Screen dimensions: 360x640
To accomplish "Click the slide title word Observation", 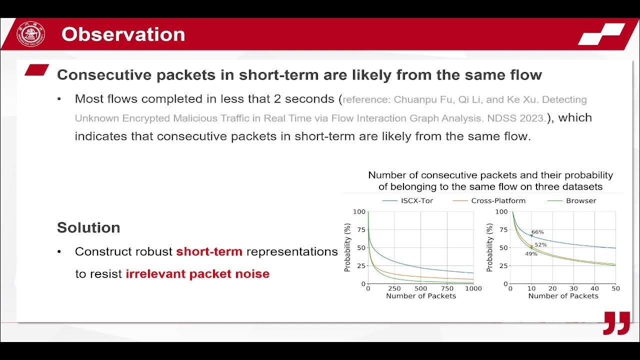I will [x=123, y=34].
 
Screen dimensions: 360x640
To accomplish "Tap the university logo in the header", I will [x=31, y=34].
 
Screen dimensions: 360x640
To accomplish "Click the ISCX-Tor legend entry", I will [x=408, y=200].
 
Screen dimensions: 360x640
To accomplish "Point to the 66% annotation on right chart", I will [x=537, y=232].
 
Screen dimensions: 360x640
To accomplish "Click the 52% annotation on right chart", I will [x=540, y=244].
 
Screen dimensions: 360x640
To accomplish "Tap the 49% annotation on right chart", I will [x=531, y=254].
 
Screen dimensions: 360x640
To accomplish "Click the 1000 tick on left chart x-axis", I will [x=473, y=288].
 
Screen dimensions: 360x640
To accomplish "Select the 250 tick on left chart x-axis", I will [x=394, y=288].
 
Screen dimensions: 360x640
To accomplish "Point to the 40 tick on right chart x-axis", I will [x=594, y=288].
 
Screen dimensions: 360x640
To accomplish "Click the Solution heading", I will [x=88, y=227].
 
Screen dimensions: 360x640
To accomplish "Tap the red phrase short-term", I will [x=209, y=251].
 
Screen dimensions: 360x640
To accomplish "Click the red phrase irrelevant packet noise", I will [x=197, y=274].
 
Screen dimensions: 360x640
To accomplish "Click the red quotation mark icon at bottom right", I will [x=616, y=323].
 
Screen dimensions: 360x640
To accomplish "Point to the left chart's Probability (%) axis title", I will [x=347, y=247].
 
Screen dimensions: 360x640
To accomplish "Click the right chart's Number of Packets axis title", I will [x=563, y=296].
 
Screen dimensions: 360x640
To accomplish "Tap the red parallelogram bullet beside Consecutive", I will [x=37, y=70].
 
